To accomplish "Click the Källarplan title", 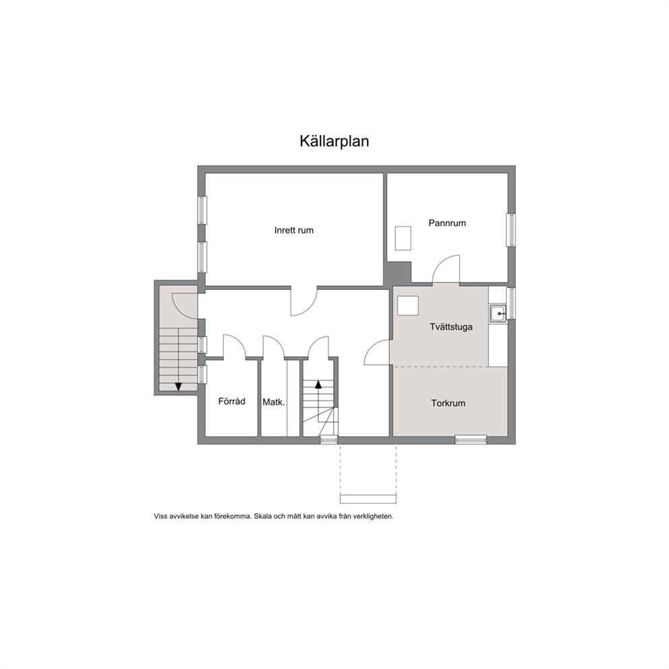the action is pyautogui.click(x=334, y=141).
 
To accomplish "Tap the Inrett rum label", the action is pyautogui.click(x=293, y=231).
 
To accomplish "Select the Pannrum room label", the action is pyautogui.click(x=447, y=223).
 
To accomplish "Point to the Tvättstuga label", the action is pyautogui.click(x=451, y=327).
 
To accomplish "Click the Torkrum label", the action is pyautogui.click(x=448, y=403).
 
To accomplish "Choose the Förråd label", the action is pyautogui.click(x=232, y=401).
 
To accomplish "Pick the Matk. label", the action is pyautogui.click(x=274, y=402).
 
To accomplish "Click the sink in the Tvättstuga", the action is pyautogui.click(x=498, y=314).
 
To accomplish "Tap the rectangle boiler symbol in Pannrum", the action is pyautogui.click(x=403, y=238).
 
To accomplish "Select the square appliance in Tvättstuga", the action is pyautogui.click(x=408, y=306).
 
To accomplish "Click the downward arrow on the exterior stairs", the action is pyautogui.click(x=178, y=386).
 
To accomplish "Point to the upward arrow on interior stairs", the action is pyautogui.click(x=318, y=384).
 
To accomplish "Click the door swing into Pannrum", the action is pyautogui.click(x=446, y=269).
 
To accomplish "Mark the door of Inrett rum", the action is pyautogui.click(x=304, y=302).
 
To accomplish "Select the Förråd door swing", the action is pyautogui.click(x=235, y=346).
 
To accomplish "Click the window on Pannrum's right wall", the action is pyautogui.click(x=511, y=229).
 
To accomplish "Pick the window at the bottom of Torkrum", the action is pyautogui.click(x=471, y=440).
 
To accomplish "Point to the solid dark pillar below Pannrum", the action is pyautogui.click(x=398, y=273).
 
